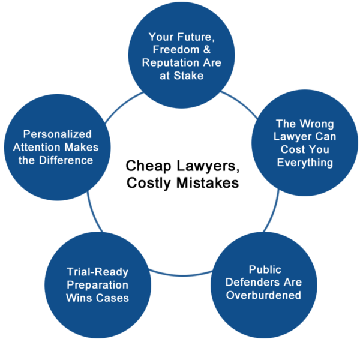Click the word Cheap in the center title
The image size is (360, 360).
148,166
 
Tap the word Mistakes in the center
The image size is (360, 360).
208,183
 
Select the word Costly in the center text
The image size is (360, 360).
149,184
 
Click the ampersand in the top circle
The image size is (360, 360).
207,50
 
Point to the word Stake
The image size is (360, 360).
188,76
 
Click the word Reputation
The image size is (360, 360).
170,62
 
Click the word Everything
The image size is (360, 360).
305,163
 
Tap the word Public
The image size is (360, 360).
265,269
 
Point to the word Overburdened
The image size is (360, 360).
263,295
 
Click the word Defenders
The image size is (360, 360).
253,282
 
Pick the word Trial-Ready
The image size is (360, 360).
98,272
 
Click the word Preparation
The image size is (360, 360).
98,285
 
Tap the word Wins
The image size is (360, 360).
79,298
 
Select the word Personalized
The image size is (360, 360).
58,134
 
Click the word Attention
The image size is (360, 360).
37,147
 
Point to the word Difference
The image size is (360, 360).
66,160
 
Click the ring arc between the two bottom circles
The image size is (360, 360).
181,275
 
